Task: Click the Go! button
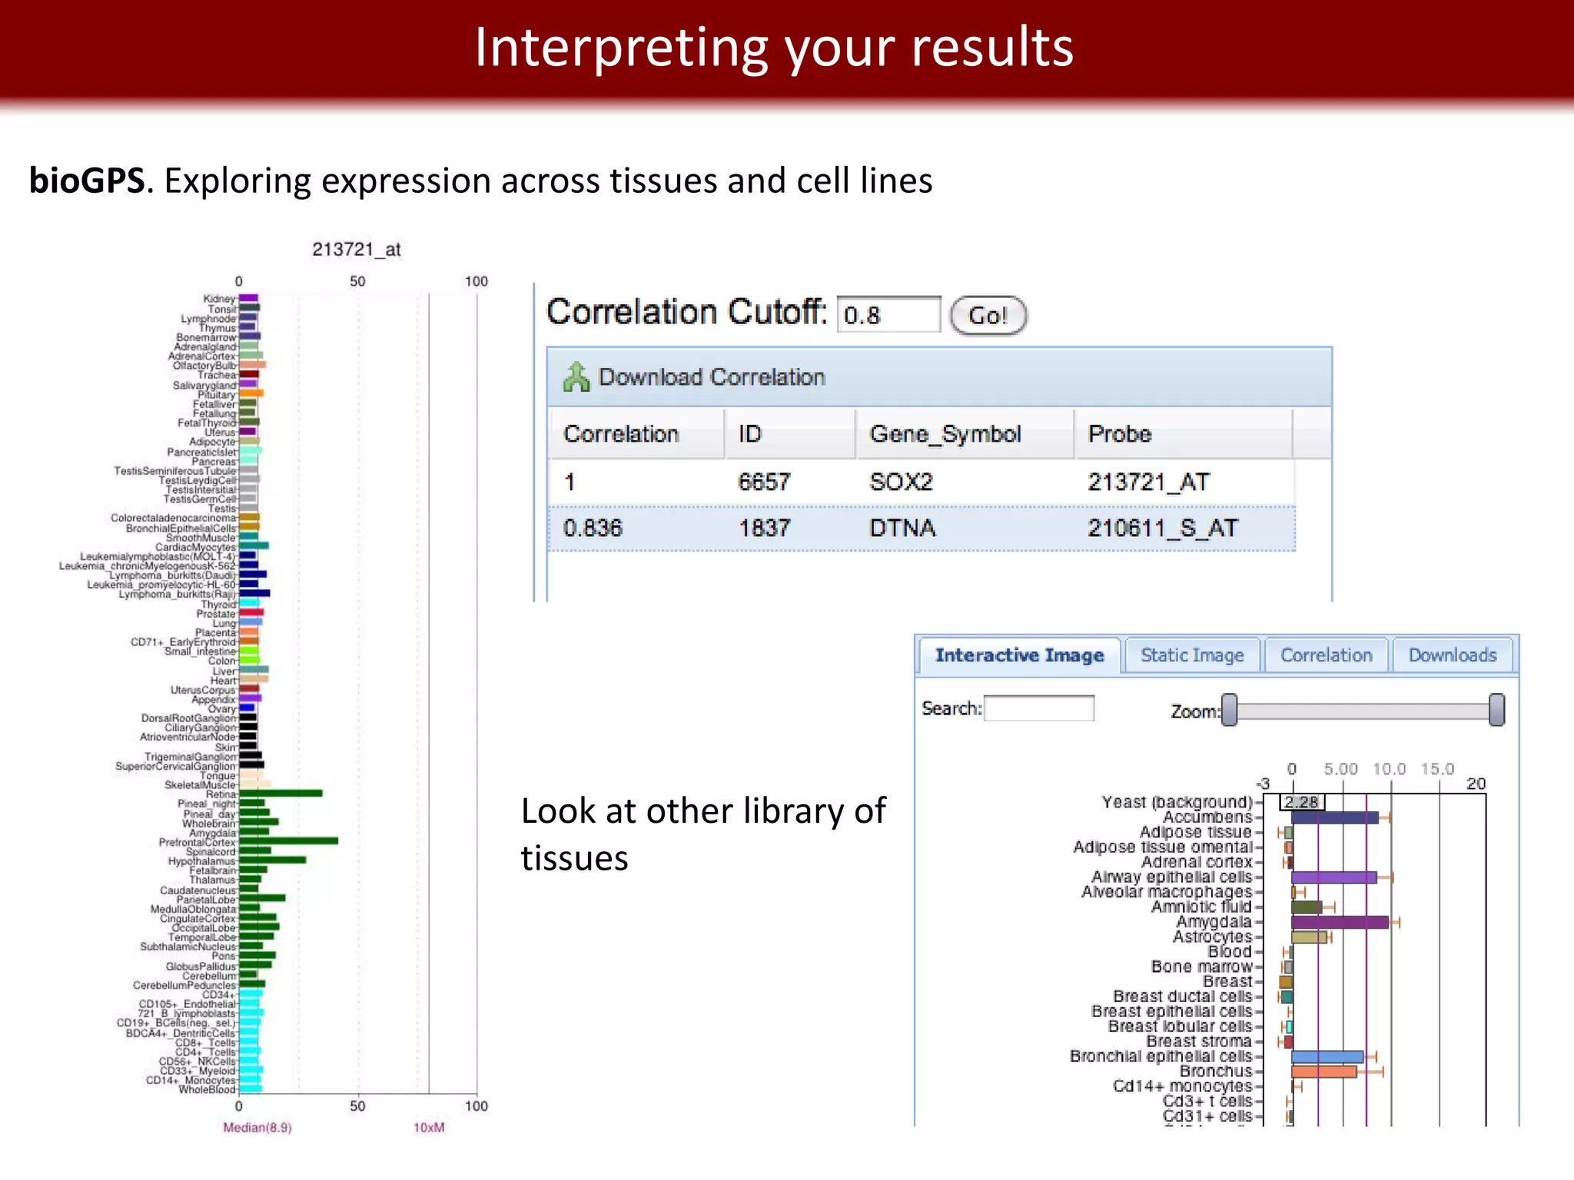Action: click(x=988, y=315)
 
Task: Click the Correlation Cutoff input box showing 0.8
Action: click(x=888, y=315)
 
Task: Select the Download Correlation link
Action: click(x=711, y=377)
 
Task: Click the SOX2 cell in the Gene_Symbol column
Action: click(x=901, y=482)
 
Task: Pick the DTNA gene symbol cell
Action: click(x=902, y=528)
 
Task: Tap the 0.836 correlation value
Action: click(x=592, y=528)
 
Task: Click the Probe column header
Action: click(x=1119, y=434)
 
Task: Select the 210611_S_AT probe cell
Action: click(x=1162, y=528)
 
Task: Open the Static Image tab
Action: click(x=1191, y=655)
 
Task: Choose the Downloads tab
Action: click(x=1452, y=655)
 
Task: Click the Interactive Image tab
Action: click(x=1019, y=655)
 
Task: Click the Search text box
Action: click(x=1039, y=708)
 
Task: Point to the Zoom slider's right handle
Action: click(x=1496, y=710)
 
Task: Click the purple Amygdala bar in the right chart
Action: click(x=1339, y=922)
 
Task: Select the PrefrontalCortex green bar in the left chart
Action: click(x=288, y=841)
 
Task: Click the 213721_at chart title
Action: click(x=357, y=250)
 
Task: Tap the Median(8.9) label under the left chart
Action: click(x=257, y=1127)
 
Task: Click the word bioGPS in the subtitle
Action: click(x=86, y=181)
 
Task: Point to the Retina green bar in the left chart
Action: click(x=281, y=794)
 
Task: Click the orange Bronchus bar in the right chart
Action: click(x=1323, y=1072)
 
